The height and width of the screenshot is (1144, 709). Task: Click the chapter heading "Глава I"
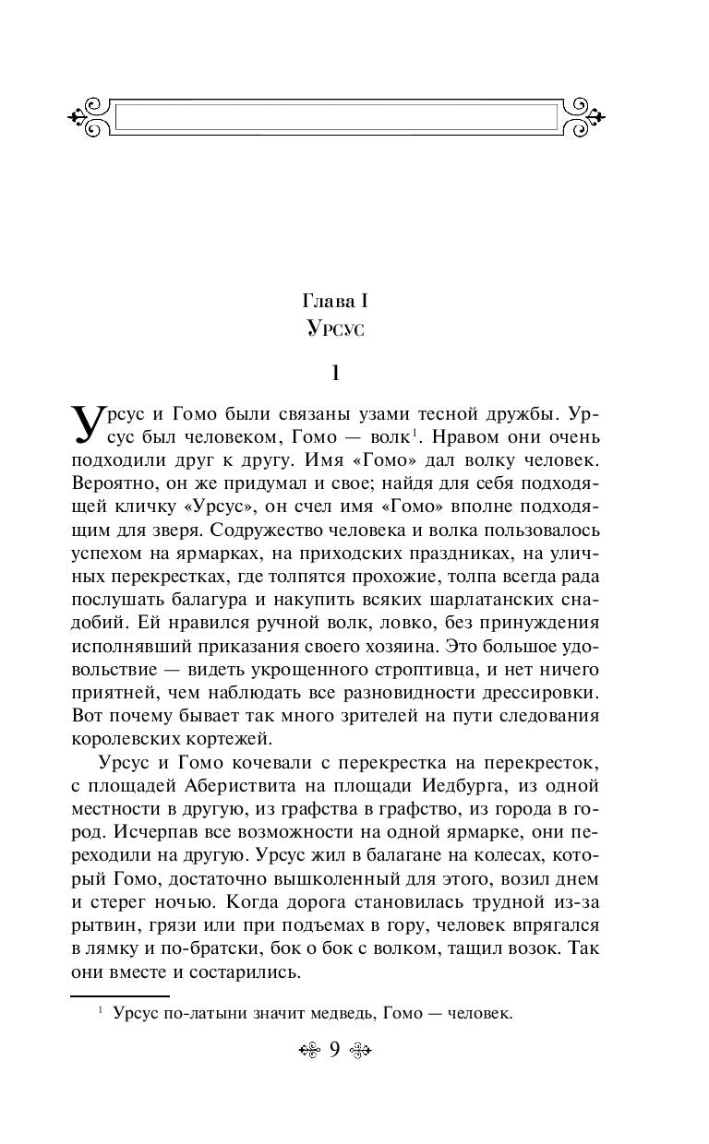coord(336,301)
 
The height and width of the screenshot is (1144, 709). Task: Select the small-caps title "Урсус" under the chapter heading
coord(336,329)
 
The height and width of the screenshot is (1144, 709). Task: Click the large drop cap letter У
coord(89,424)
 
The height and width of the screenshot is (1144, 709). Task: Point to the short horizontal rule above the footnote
coord(120,996)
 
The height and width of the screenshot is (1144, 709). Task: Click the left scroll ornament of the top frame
coord(90,117)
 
